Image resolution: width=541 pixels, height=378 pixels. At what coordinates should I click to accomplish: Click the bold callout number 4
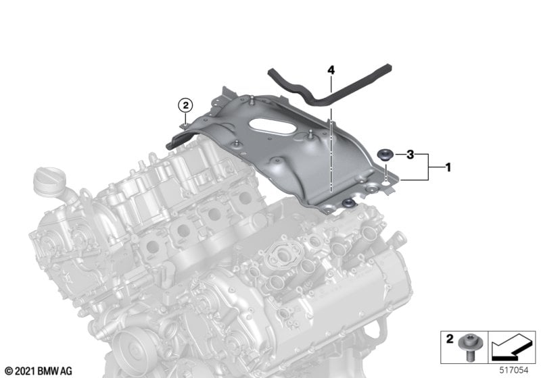tap(331, 71)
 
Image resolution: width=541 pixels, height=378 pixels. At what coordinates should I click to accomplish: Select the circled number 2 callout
tap(185, 105)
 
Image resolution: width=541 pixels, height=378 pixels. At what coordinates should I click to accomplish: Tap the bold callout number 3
tap(410, 155)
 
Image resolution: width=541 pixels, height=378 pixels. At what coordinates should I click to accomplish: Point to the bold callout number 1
tap(448, 167)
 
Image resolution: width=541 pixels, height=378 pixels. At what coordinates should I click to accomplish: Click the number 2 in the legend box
tap(450, 339)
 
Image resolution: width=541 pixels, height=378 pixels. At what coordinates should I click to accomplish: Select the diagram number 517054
tap(514, 371)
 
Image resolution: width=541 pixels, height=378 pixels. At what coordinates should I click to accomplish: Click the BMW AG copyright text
tap(39, 371)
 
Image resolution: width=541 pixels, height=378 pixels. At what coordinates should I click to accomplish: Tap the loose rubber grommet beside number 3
tap(384, 155)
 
